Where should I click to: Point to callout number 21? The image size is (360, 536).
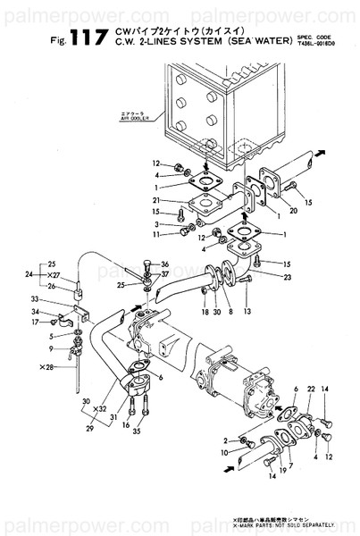(x=155, y=199)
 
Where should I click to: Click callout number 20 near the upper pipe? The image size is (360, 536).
(x=270, y=211)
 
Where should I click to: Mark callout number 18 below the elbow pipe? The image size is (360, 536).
(x=205, y=312)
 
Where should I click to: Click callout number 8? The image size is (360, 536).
(x=230, y=312)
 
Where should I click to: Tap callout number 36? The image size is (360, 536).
(x=165, y=264)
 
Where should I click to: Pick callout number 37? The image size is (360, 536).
(x=165, y=274)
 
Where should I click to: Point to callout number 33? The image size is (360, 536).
(x=34, y=299)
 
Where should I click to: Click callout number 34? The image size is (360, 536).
(x=34, y=311)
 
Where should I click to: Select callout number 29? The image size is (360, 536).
(x=88, y=430)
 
